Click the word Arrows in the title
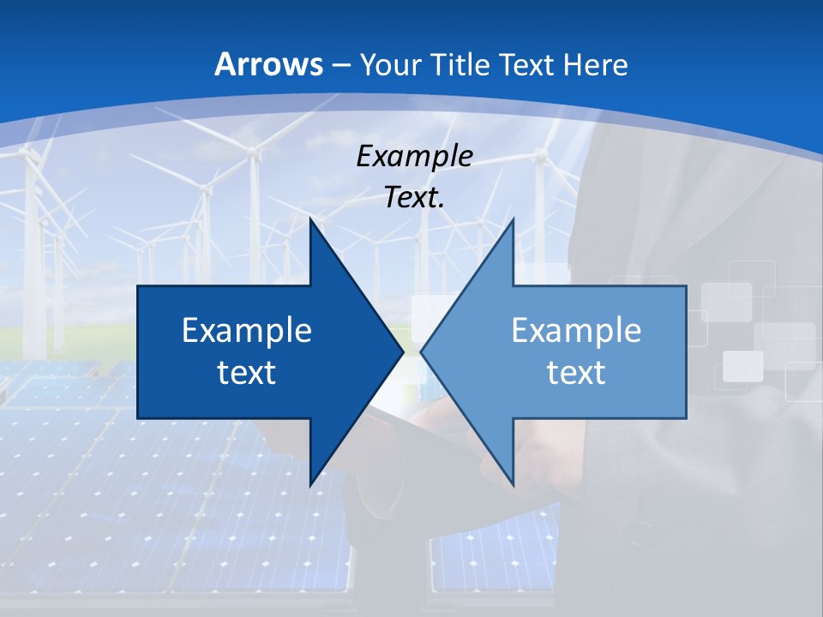268,64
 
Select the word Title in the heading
467,64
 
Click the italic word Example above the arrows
414,156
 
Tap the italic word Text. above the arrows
414,197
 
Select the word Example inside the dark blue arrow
247,331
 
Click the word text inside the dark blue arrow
247,373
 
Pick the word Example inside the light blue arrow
576,331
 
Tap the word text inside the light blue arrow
576,373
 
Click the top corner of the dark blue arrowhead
310,219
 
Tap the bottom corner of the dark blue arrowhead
310,485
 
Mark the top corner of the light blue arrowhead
513,219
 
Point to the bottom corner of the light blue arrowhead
513,485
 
